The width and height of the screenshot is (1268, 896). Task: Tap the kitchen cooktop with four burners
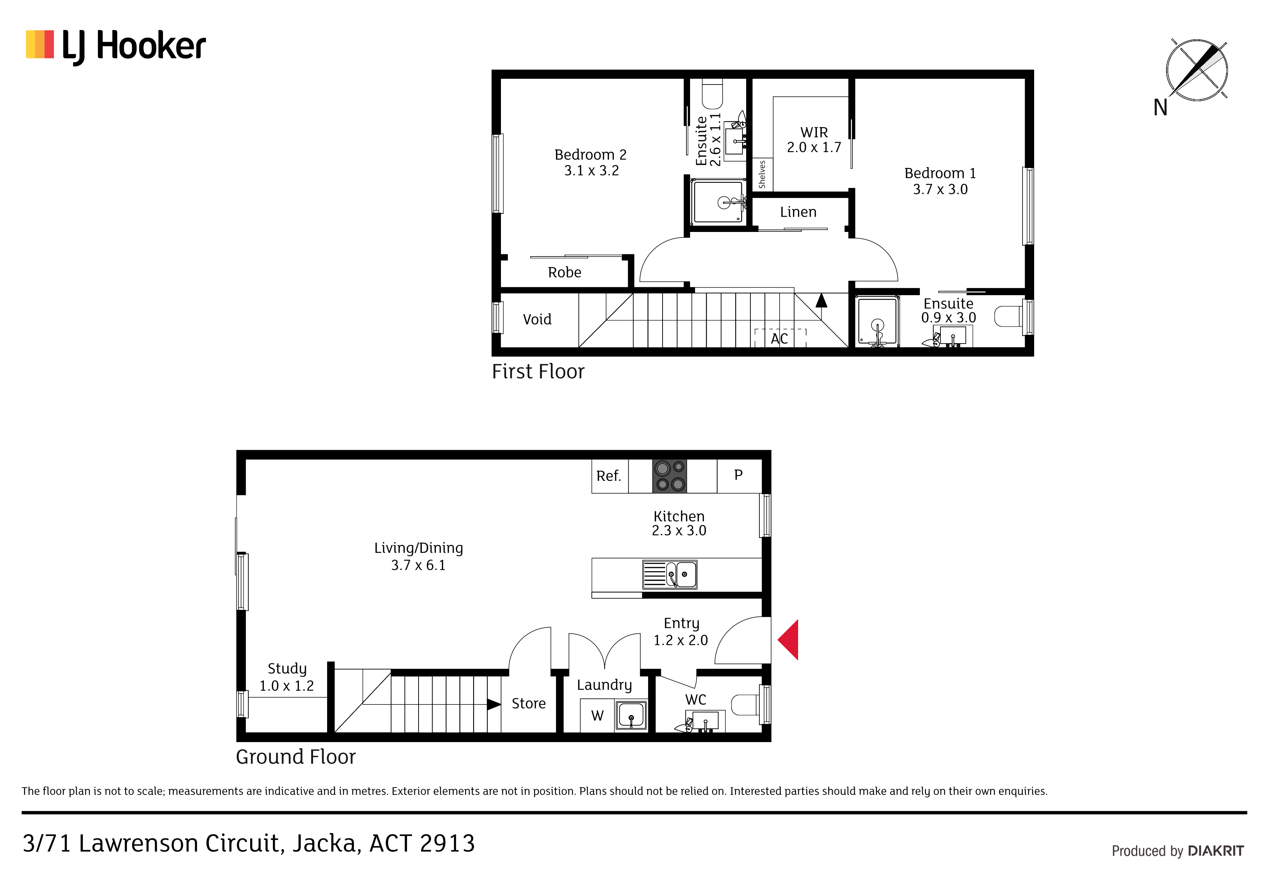(x=670, y=476)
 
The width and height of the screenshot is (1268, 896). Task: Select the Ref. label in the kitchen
(x=609, y=476)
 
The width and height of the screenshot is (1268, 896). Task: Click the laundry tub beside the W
(x=631, y=715)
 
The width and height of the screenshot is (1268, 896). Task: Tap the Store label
(x=528, y=703)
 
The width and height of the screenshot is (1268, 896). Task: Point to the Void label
(x=537, y=319)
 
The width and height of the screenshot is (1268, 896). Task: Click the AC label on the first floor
(x=779, y=339)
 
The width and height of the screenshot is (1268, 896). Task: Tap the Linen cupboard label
(x=798, y=212)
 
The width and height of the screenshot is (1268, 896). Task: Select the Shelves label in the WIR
(x=762, y=175)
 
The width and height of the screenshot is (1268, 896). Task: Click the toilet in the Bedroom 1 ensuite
(x=1008, y=317)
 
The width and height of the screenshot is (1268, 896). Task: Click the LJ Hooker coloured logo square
(x=40, y=44)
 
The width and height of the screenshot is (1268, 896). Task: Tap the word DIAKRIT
(x=1216, y=851)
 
